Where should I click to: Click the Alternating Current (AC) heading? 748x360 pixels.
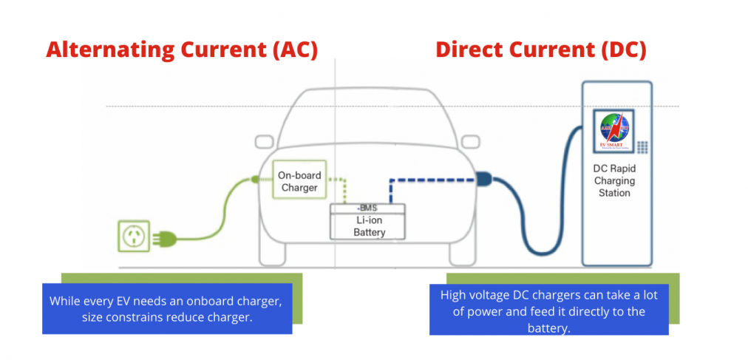click(182, 50)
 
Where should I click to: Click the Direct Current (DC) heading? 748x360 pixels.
click(540, 50)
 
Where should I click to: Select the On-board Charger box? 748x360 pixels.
click(298, 181)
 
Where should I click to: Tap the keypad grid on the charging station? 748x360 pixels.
click(642, 147)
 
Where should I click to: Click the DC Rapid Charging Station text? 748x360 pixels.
click(614, 180)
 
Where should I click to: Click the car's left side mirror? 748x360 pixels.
click(266, 141)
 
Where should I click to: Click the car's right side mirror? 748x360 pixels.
click(470, 141)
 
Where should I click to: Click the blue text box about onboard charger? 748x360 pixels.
click(166, 308)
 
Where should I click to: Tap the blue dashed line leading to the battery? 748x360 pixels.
click(429, 179)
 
